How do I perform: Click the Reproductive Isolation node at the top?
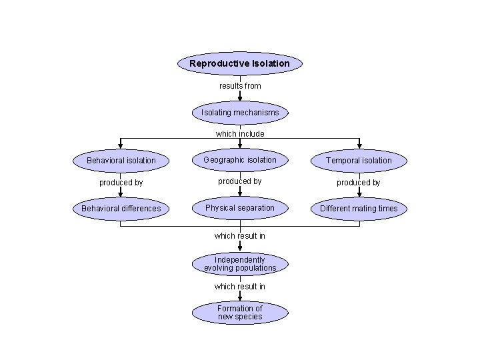pyautogui.click(x=240, y=64)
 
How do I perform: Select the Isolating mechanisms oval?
pyautogui.click(x=240, y=113)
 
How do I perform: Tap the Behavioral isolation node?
pyautogui.click(x=121, y=161)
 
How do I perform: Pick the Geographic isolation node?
pyautogui.click(x=240, y=160)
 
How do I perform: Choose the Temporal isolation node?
pyautogui.click(x=359, y=161)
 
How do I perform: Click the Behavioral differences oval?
pyautogui.click(x=121, y=209)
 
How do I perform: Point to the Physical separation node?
pyautogui.click(x=240, y=208)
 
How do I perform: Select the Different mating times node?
pyautogui.click(x=359, y=209)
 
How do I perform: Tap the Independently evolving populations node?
pyautogui.click(x=240, y=264)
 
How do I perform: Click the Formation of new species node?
pyautogui.click(x=240, y=313)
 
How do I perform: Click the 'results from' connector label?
pyautogui.click(x=240, y=86)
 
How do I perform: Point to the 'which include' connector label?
pyautogui.click(x=240, y=134)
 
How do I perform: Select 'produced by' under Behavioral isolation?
pyautogui.click(x=121, y=183)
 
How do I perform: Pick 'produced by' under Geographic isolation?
pyautogui.click(x=240, y=181)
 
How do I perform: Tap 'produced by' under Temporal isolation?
pyautogui.click(x=359, y=183)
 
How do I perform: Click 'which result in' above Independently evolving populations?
pyautogui.click(x=240, y=236)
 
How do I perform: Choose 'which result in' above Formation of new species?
pyautogui.click(x=240, y=287)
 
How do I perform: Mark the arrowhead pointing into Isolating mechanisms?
pyautogui.click(x=240, y=98)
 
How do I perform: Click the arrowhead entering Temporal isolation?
pyautogui.click(x=359, y=147)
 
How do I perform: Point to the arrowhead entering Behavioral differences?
pyautogui.click(x=121, y=195)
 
